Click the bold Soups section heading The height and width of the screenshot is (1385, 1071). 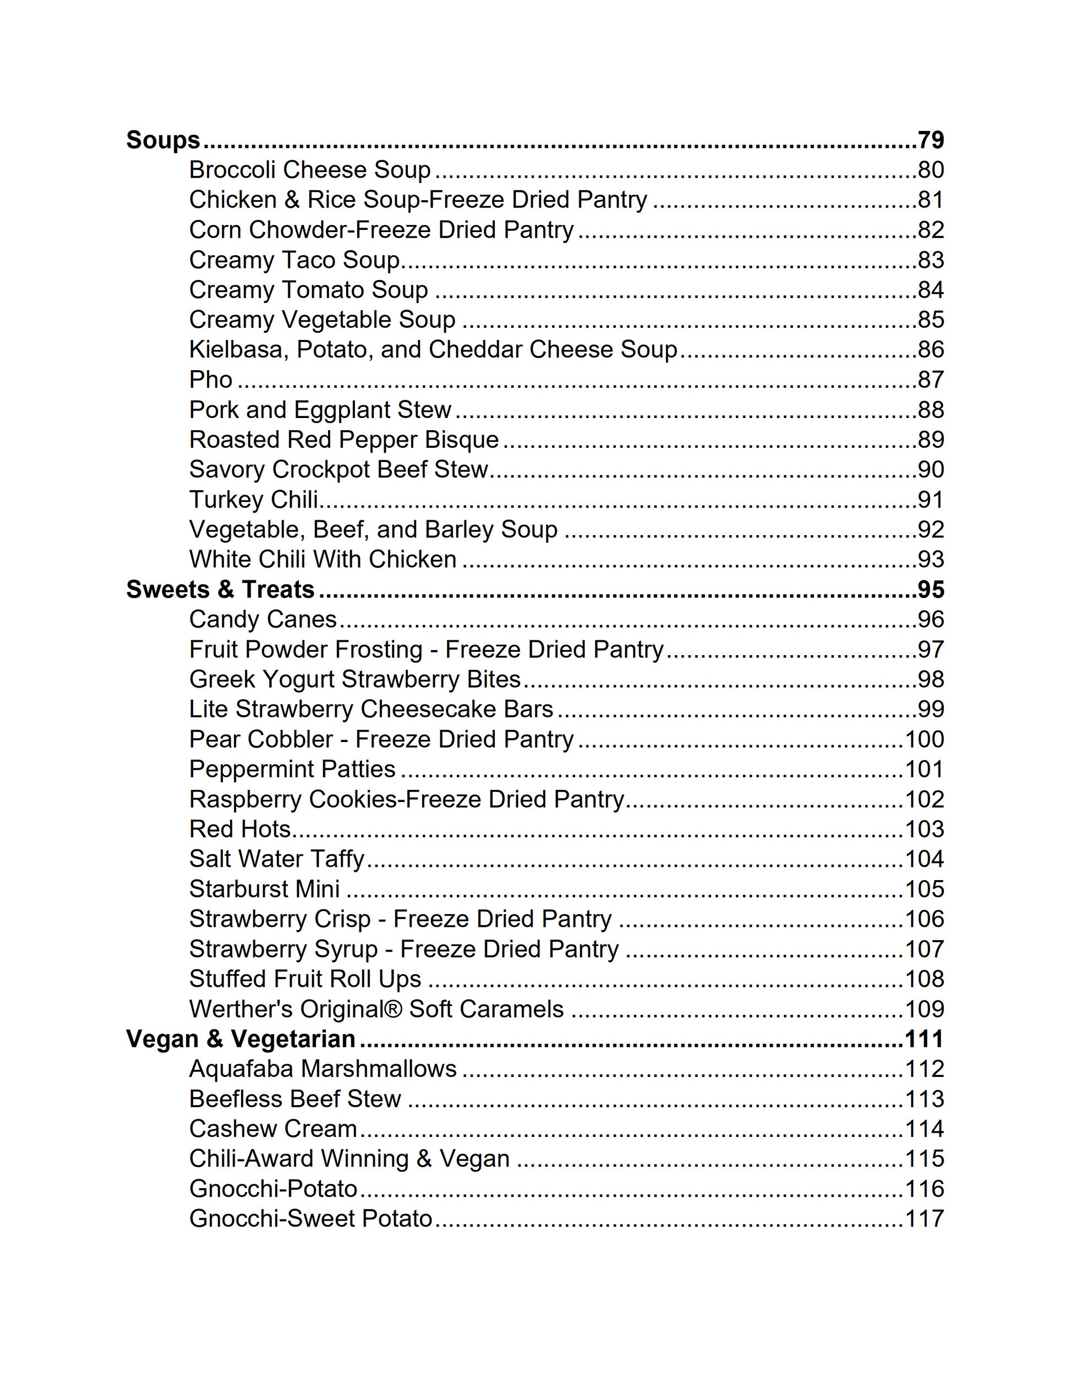coord(163,140)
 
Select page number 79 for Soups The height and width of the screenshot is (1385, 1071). coord(930,140)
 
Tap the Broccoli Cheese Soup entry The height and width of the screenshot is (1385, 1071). coord(310,170)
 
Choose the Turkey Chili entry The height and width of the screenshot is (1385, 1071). coord(254,500)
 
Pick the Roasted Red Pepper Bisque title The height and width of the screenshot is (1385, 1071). coord(344,440)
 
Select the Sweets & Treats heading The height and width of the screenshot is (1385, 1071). coord(220,590)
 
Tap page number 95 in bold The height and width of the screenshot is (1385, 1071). coord(930,590)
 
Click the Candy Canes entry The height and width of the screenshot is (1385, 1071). coord(263,619)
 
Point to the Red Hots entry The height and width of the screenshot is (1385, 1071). coord(240,829)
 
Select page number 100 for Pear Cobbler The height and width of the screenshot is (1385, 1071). coord(924,739)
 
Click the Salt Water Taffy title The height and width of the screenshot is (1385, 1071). coord(277,859)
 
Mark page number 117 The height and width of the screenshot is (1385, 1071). coord(924,1219)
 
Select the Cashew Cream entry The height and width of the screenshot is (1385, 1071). coord(273,1129)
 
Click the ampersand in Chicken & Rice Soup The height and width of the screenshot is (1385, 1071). coord(292,200)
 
